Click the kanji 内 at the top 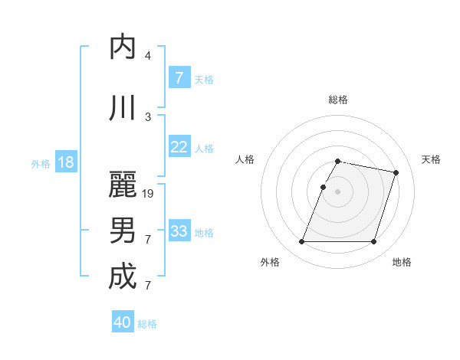pos(123,47)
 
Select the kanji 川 pos(123,109)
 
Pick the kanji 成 pos(123,276)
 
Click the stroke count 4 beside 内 pos(148,56)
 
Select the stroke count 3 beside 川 pos(148,117)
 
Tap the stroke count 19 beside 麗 pos(149,194)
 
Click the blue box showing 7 pos(179,78)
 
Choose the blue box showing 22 pos(179,147)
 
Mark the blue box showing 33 pos(179,231)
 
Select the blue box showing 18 pos(65,162)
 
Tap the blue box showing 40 pos(123,322)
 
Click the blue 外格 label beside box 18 pos(41,163)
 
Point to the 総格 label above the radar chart pos(338,100)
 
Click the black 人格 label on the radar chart pos(245,159)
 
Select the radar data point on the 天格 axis pos(396,173)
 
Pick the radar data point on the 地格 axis pos(373,242)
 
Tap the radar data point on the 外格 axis pos(302,242)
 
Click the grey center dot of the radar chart pos(338,192)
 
